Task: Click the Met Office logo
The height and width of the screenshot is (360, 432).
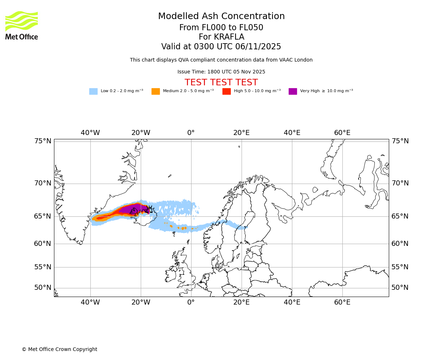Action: (22, 25)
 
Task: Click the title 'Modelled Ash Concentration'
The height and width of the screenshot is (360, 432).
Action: (221, 17)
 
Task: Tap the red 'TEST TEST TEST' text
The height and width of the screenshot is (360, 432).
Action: (221, 83)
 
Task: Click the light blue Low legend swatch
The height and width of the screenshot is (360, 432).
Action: (93, 91)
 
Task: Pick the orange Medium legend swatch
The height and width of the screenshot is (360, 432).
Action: (156, 91)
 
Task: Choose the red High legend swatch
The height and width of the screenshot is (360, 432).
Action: (226, 91)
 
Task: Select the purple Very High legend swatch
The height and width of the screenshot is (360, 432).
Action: (293, 91)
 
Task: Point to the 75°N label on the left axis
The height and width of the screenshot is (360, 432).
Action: (43, 141)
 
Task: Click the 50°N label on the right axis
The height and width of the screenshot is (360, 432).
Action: (400, 288)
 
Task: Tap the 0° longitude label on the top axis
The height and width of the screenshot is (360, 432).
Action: (191, 133)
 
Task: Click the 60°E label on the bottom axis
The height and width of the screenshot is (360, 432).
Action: (342, 302)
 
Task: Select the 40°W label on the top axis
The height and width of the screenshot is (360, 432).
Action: (90, 133)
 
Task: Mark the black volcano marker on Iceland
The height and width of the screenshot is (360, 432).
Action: (149, 208)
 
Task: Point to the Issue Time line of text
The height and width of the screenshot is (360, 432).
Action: (221, 72)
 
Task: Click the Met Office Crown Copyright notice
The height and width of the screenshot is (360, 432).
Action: (59, 350)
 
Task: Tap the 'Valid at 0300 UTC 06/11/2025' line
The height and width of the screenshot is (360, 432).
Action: (221, 47)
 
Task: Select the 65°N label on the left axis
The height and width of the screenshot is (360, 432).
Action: (43, 216)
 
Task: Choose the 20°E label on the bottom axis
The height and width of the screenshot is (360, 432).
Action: (241, 302)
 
